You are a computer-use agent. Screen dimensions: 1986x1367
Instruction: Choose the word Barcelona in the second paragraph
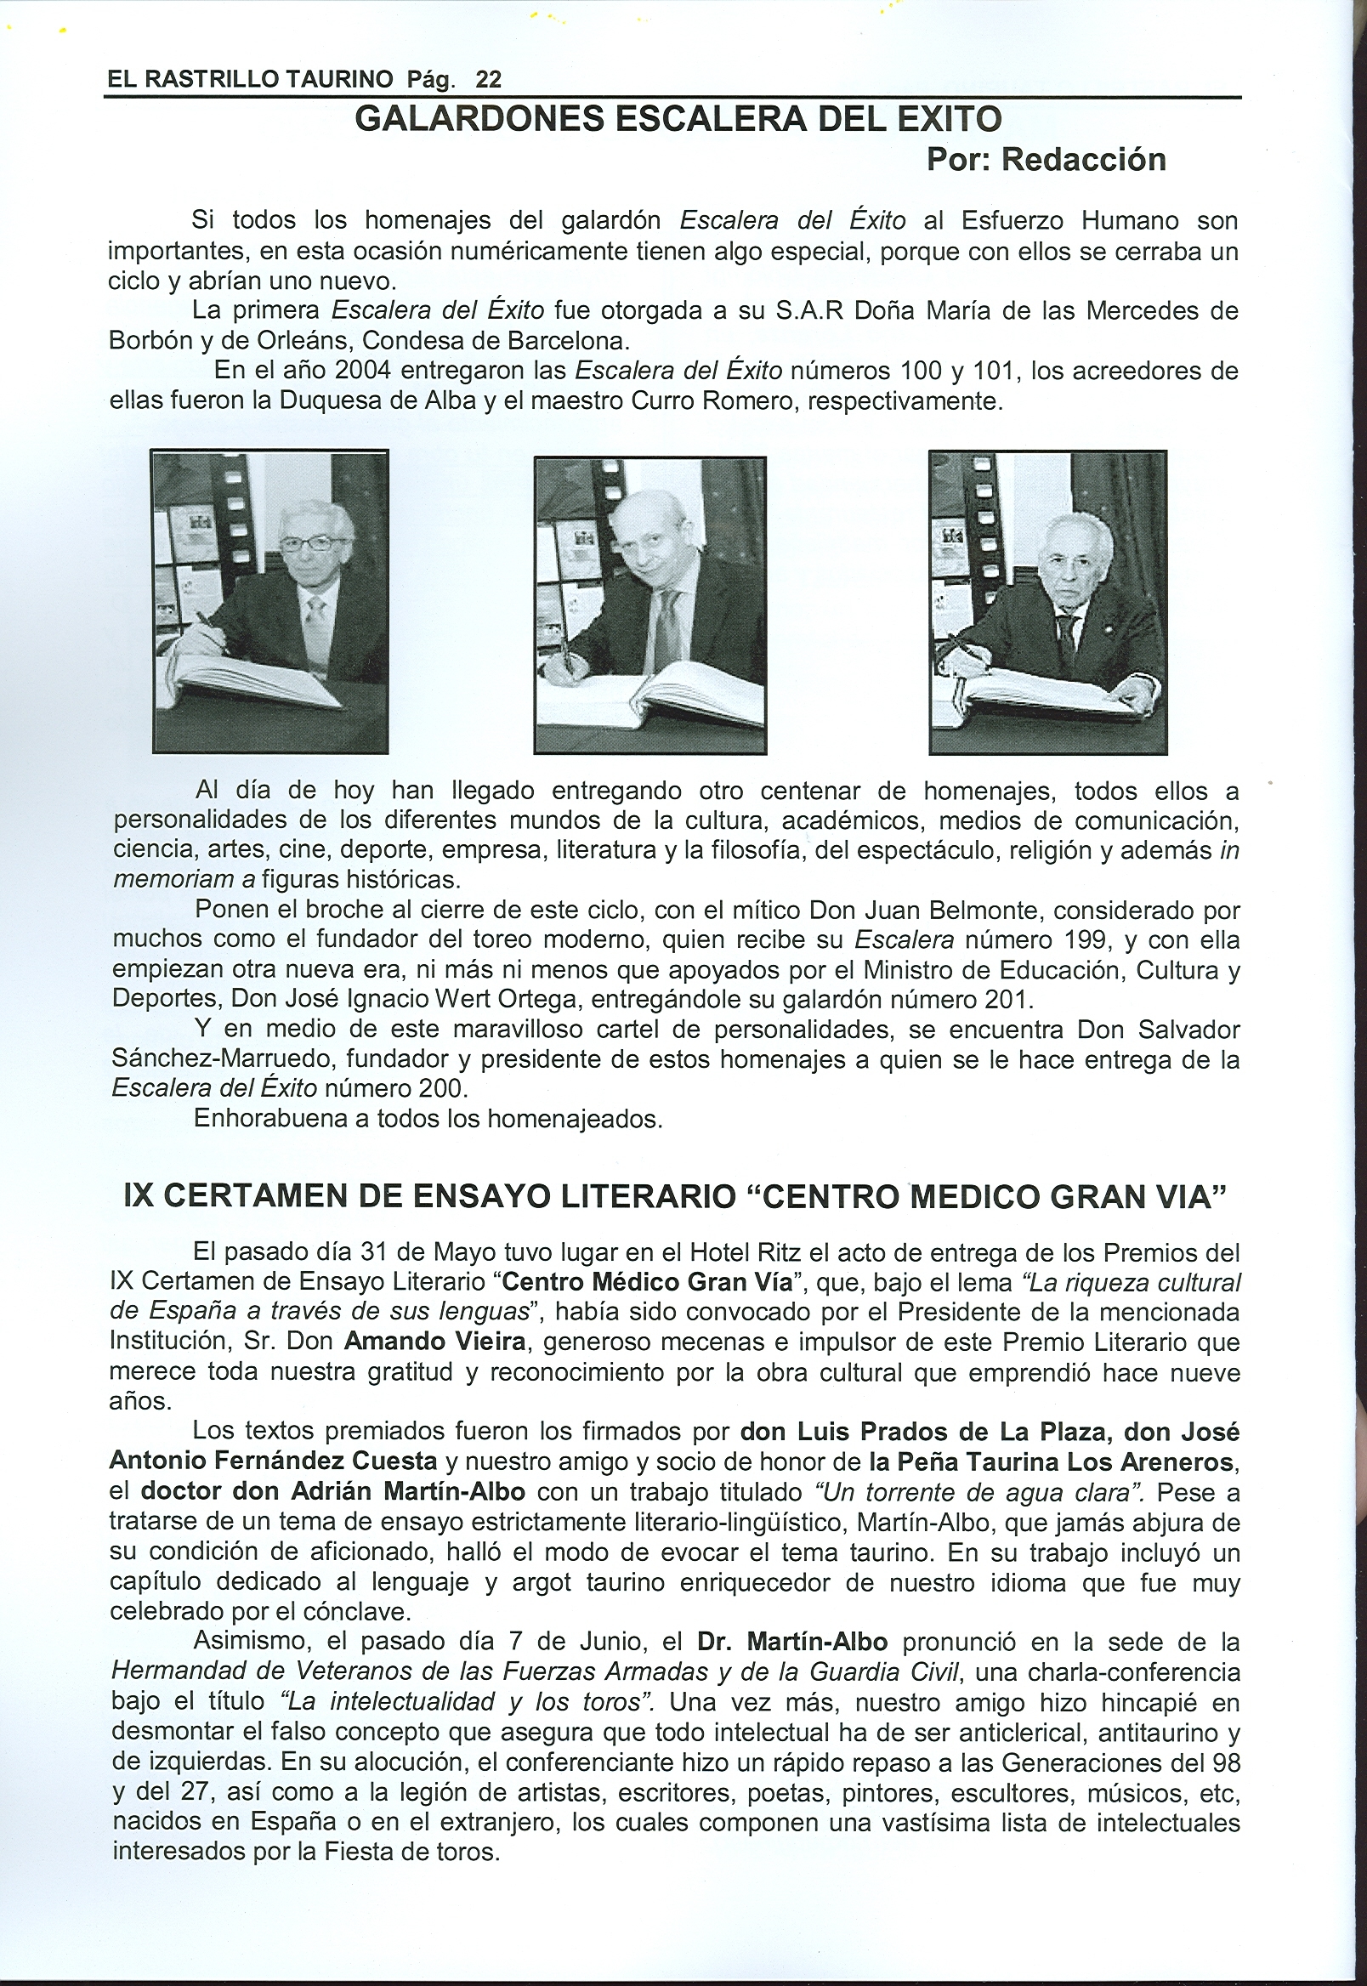point(569,341)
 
